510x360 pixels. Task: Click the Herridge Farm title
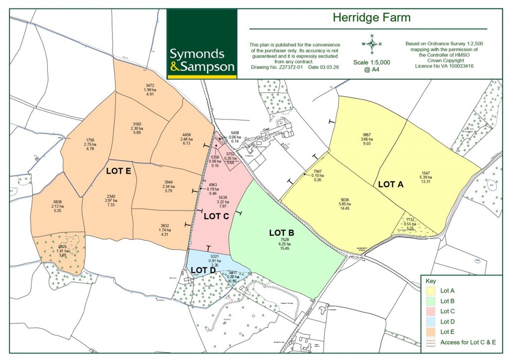coord(371,18)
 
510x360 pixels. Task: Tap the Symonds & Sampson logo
coord(202,60)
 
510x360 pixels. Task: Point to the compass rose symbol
coord(372,44)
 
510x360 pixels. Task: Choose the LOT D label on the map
coord(203,270)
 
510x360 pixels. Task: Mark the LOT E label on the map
coord(119,171)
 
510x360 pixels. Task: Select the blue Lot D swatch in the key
coord(430,321)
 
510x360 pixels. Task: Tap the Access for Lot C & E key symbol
coord(430,342)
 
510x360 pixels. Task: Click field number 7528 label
coord(285,240)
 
